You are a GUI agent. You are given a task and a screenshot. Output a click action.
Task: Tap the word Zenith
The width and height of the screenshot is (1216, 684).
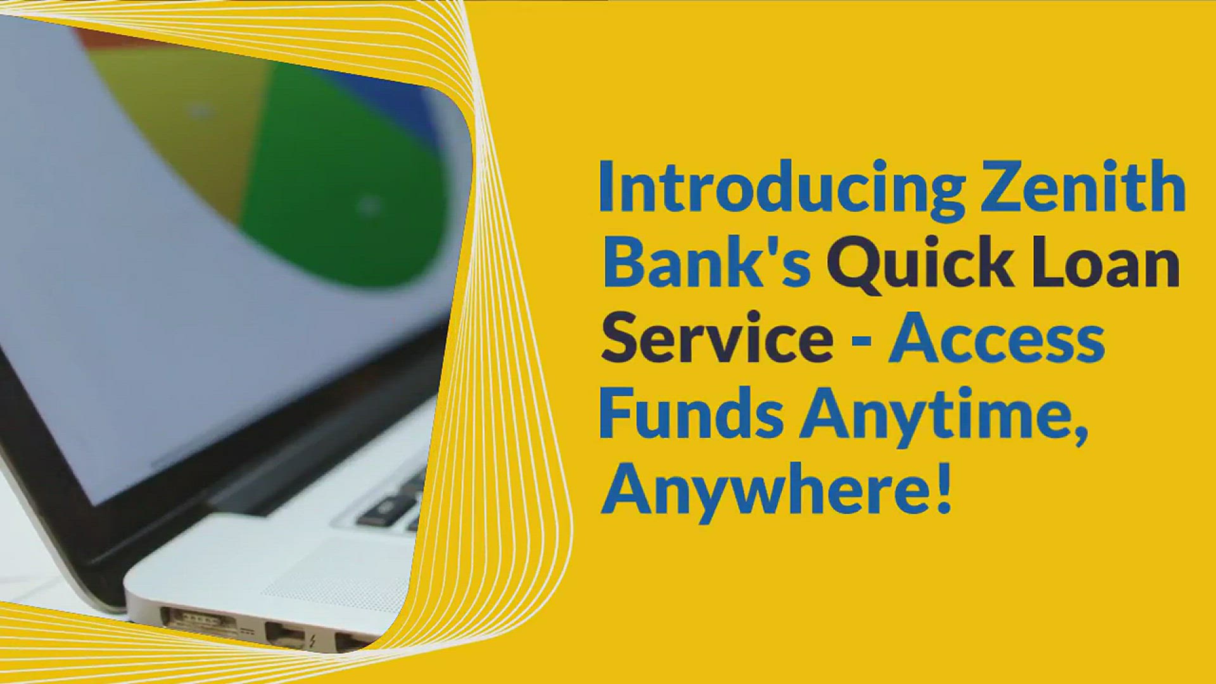1083,187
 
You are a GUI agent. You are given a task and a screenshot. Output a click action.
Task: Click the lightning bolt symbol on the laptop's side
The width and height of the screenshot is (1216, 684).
312,641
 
